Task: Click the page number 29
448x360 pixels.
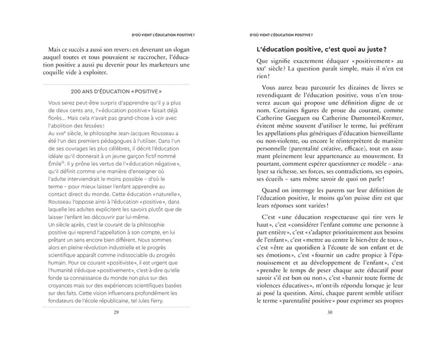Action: (116, 312)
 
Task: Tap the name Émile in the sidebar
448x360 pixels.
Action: (58, 164)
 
